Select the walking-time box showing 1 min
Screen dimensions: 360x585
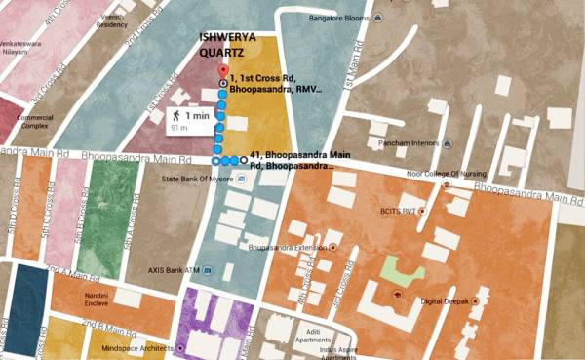pyautogui.click(x=188, y=120)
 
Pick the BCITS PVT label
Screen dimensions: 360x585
pyautogui.click(x=400, y=210)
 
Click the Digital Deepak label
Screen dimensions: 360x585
pyautogui.click(x=443, y=302)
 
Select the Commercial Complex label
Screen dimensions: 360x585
pyautogui.click(x=35, y=121)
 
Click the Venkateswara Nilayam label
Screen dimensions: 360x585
pyautogui.click(x=27, y=50)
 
